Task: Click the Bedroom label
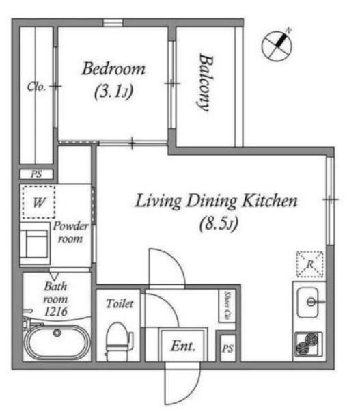click(113, 68)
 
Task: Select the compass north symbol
click(277, 46)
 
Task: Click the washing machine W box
click(39, 202)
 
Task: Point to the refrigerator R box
click(310, 264)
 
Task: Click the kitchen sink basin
click(307, 303)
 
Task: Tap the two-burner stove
click(308, 344)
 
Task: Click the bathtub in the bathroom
click(57, 341)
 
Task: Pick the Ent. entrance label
click(182, 346)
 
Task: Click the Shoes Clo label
click(227, 306)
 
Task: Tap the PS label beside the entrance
click(227, 348)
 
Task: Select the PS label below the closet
click(36, 174)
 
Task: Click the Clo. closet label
click(36, 87)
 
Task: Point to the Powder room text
click(71, 232)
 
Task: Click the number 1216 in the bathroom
click(56, 312)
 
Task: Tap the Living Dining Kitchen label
click(216, 201)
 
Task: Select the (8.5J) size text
click(219, 223)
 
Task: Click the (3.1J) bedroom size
click(114, 92)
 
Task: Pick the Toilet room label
click(120, 303)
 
